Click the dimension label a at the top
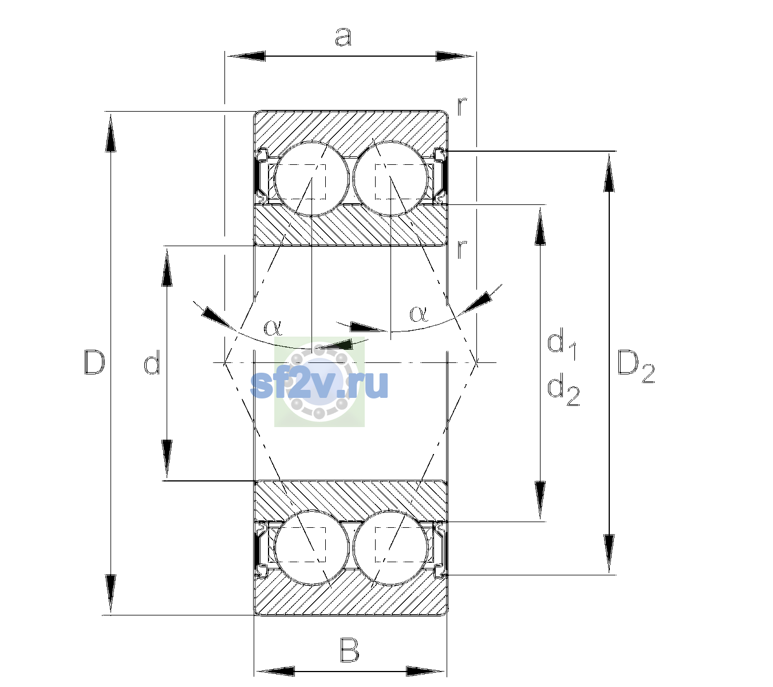342,37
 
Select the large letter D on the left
94,362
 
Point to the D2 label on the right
636,366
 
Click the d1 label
562,345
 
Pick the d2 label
563,390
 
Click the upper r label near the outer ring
462,106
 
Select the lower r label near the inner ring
462,250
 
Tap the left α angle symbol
273,327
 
